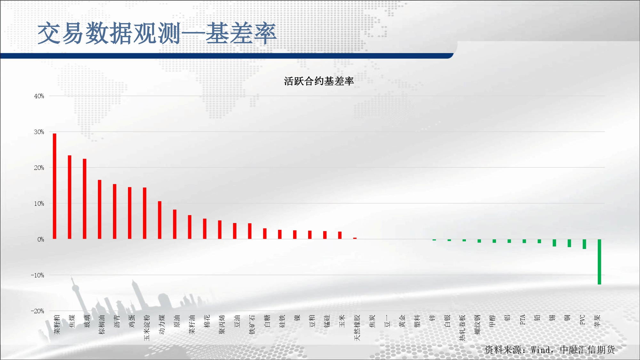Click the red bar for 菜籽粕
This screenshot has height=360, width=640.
pos(54,186)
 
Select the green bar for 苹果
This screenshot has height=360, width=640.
pos(599,262)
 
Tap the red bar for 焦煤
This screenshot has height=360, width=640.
pos(69,197)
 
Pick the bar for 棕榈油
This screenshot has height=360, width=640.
pos(100,209)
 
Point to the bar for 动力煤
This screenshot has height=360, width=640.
pos(160,220)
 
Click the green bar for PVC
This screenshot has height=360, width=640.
pos(584,244)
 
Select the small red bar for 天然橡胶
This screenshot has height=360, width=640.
pos(355,238)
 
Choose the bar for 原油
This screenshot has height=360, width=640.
pos(175,224)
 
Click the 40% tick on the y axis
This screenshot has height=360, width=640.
pos(39,96)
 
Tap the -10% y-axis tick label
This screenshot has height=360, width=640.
pos(37,275)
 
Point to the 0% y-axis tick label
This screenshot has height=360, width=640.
pos(41,239)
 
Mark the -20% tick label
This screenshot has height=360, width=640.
pos(37,311)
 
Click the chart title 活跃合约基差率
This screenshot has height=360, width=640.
pos(319,81)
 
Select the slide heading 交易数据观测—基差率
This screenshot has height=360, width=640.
pos(157,33)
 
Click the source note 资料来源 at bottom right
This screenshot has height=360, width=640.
pos(550,349)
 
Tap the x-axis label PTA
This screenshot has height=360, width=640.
pos(523,320)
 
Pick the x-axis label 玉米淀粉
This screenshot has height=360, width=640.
pos(147,328)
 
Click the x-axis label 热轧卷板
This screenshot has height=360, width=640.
pos(462,328)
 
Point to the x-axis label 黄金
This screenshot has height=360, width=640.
pos(402,321)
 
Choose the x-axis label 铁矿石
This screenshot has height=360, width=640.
pos(252,324)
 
